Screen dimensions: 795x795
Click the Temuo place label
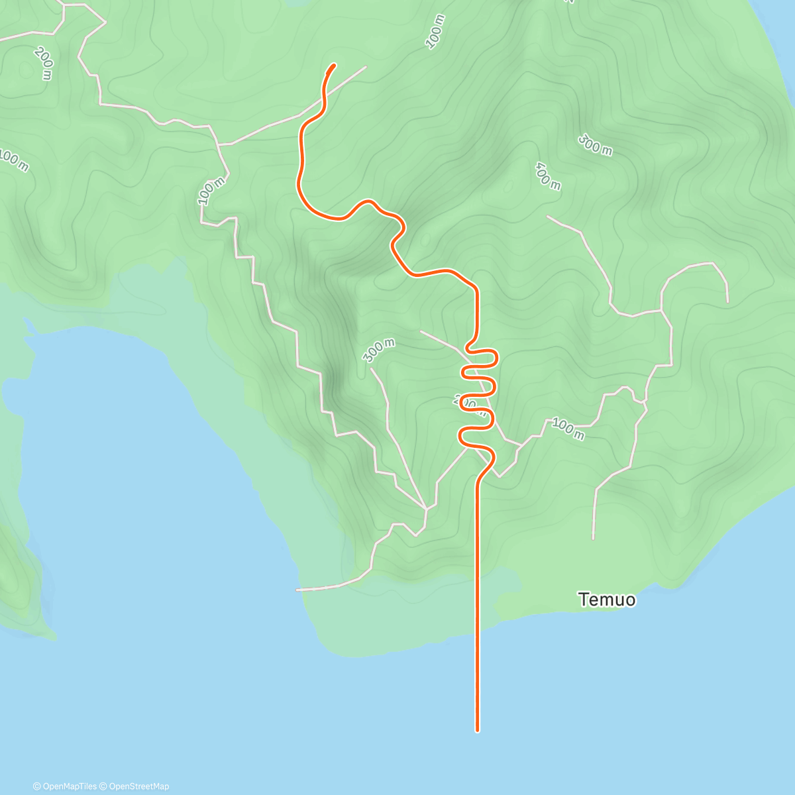(607, 600)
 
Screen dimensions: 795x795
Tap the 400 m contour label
(548, 176)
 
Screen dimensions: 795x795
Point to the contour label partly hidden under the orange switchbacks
(466, 401)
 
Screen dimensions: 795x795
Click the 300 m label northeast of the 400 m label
(595, 144)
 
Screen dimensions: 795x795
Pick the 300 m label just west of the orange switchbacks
(379, 350)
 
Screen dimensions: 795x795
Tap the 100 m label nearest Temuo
(568, 429)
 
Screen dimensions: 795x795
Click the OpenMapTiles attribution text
(65, 786)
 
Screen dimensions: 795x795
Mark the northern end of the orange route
(334, 65)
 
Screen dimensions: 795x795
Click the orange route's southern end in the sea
(477, 731)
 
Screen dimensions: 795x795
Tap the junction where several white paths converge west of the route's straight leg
(426, 508)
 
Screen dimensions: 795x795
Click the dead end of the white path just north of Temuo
(593, 538)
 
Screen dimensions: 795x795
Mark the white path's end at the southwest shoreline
(297, 590)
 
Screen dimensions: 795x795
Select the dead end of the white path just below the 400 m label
(547, 216)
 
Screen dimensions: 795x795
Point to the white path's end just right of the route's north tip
(366, 66)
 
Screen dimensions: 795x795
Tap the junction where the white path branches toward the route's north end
(219, 144)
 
